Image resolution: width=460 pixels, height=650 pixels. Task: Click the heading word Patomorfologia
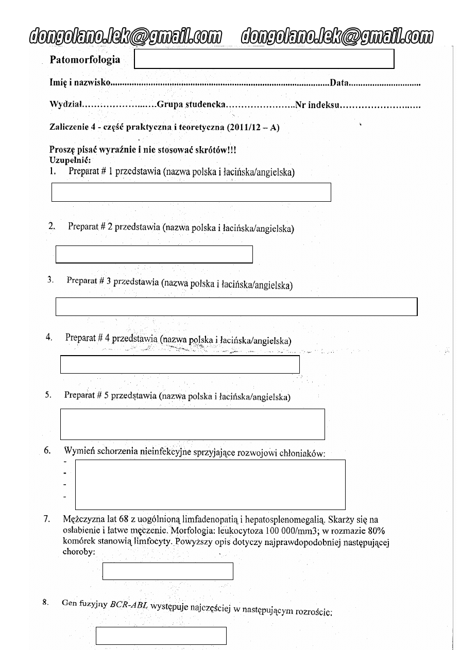(x=85, y=60)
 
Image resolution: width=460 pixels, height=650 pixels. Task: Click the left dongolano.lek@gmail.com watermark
(x=126, y=37)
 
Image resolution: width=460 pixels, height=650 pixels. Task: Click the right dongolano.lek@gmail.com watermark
(x=338, y=37)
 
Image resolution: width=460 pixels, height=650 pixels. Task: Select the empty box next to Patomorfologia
(x=264, y=59)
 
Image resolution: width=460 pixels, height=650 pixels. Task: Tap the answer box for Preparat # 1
(x=191, y=192)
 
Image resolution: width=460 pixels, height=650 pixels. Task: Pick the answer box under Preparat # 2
(x=154, y=255)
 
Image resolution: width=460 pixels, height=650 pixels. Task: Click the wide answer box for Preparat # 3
(x=236, y=306)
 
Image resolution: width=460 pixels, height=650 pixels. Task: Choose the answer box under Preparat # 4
(x=180, y=364)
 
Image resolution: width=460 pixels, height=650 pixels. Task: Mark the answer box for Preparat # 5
(x=193, y=424)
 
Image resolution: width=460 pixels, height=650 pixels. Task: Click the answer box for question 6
(x=210, y=484)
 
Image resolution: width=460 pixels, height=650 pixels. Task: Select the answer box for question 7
(x=168, y=571)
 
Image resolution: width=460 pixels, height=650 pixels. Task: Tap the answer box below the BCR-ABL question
(x=161, y=636)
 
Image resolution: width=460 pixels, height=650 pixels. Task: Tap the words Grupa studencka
(x=191, y=104)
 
